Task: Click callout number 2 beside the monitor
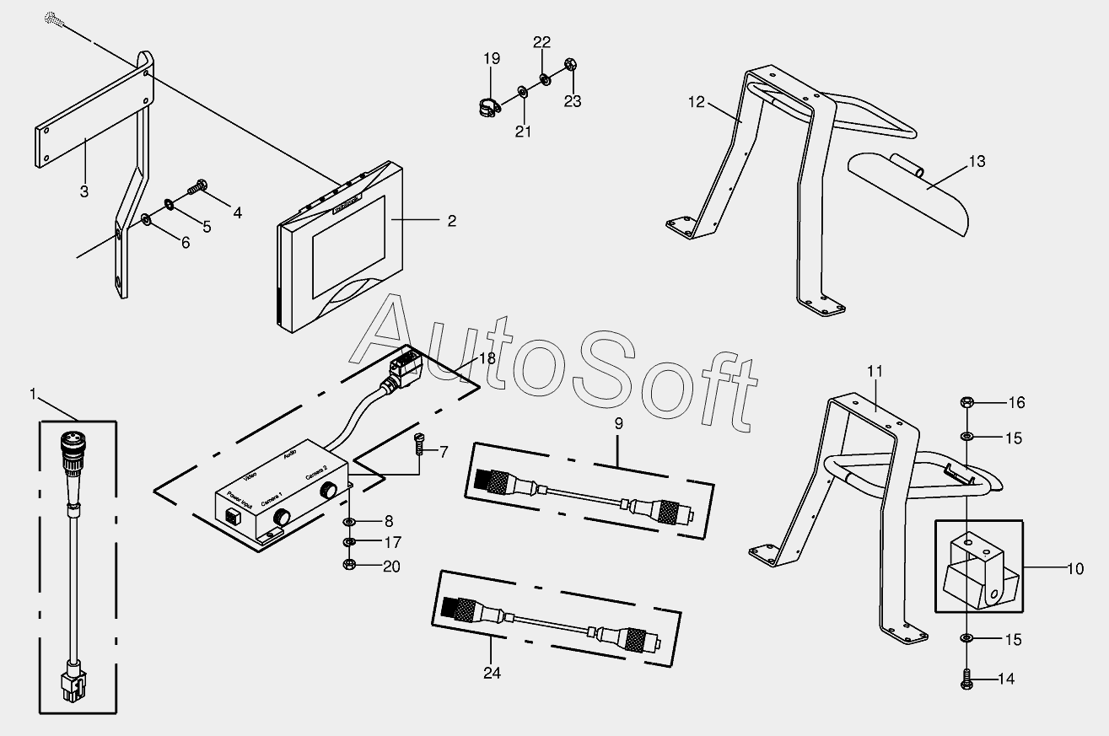coord(452,221)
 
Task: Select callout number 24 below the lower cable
coord(492,673)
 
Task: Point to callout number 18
coord(487,357)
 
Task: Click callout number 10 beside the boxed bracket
coord(1074,569)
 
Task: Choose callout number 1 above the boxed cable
coord(33,393)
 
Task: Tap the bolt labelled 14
coord(967,680)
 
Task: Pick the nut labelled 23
coord(571,64)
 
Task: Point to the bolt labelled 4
coord(199,185)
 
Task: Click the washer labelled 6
coord(147,220)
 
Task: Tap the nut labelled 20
coord(348,565)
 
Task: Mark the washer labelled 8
coord(348,522)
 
